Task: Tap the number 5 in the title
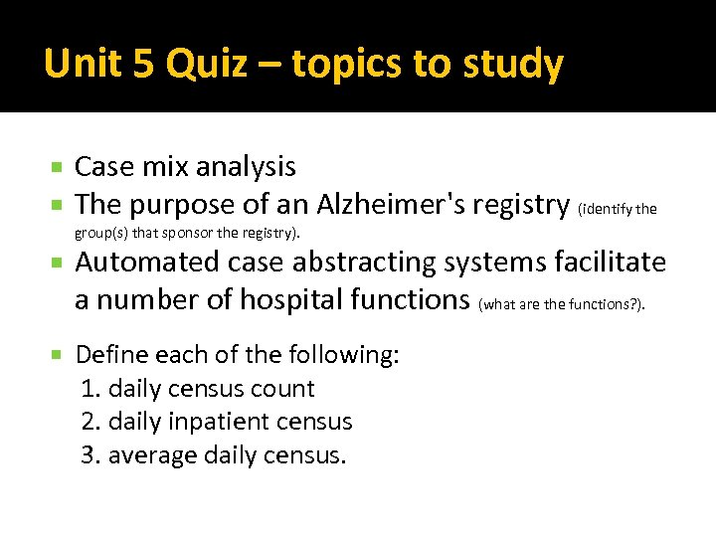tap(142, 64)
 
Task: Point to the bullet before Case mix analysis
tap(59, 167)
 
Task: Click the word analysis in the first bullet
tap(249, 167)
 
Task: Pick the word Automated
tap(147, 263)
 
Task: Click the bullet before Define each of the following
tap(59, 355)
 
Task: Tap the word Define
tap(108, 355)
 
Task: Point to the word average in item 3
tap(151, 455)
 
